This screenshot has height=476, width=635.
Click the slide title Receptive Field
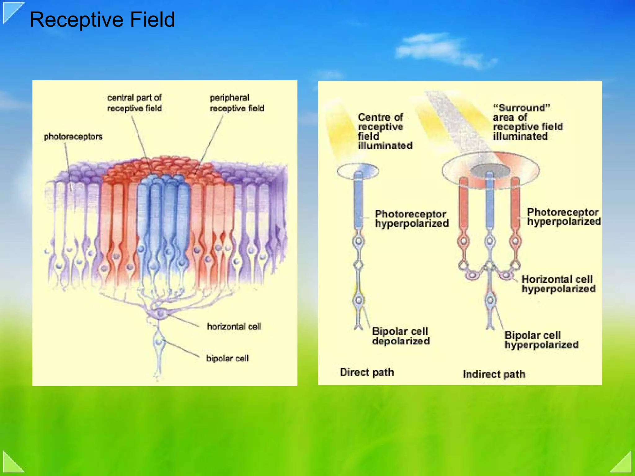[102, 20]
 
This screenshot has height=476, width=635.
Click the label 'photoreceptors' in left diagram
[73, 137]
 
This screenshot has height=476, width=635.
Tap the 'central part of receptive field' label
[134, 103]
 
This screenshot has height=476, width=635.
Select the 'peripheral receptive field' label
[237, 103]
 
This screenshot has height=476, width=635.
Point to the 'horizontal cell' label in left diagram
[234, 326]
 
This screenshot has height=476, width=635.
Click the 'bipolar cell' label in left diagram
[227, 358]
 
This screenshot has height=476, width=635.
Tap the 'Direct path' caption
[366, 372]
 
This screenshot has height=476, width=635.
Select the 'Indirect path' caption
[494, 374]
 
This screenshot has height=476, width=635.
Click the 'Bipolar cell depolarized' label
[401, 336]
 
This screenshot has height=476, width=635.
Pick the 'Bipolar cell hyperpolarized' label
[541, 340]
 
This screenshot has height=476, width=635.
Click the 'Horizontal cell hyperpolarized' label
[558, 284]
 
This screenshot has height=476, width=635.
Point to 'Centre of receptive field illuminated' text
[384, 131]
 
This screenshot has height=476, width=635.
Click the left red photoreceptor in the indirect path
[464, 205]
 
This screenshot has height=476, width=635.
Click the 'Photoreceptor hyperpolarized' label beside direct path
[411, 218]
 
